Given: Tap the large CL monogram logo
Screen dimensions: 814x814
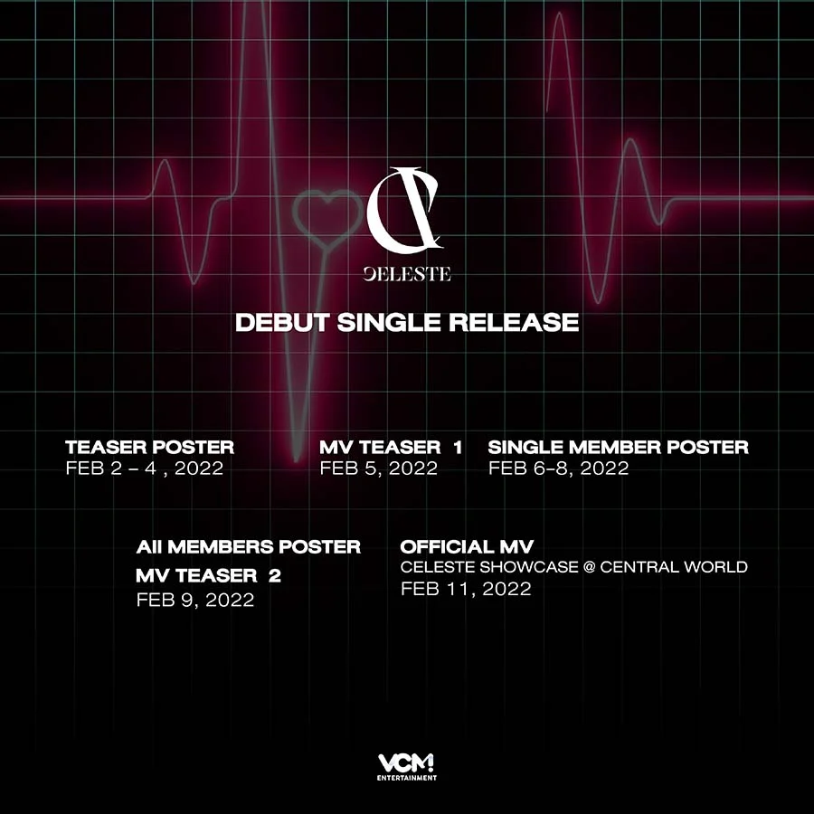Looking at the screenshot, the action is coord(405,209).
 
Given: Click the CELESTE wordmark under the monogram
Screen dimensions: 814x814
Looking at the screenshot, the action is coord(406,275).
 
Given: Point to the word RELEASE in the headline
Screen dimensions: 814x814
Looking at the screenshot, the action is coord(514,322).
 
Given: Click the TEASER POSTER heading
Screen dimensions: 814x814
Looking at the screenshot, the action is coord(149,447).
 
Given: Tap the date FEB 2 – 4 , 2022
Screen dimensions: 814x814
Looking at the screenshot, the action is coord(145,469).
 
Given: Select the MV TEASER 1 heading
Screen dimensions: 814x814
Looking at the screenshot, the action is coord(391,447).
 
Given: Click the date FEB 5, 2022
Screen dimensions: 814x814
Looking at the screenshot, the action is coord(378,469).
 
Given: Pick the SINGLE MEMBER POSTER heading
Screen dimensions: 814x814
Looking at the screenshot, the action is coord(619,447).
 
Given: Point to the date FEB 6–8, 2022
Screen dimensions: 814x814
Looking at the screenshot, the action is coord(559,469).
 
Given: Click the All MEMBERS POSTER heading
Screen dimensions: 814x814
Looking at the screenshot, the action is coord(248,546).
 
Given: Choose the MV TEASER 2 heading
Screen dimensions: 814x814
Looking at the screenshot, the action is coord(208,575).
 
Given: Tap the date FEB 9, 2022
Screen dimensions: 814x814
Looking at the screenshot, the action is coord(195,601).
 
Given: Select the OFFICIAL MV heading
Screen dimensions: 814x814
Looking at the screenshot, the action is coord(467,546).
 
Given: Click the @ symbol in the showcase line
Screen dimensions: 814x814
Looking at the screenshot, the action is coord(589,567).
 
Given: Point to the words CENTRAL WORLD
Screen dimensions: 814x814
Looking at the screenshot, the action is coord(674,567).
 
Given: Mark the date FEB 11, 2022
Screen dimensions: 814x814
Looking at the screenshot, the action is coord(466,589).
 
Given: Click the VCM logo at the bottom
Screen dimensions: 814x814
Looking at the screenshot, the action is coord(406,763).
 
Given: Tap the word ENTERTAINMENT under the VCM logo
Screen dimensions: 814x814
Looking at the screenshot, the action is coord(407,778).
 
